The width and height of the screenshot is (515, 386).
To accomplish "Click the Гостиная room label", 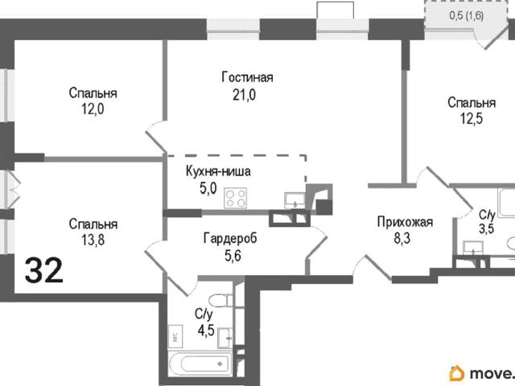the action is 247,77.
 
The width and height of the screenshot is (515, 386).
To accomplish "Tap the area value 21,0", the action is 245,95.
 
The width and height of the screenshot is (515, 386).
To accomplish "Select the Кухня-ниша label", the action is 218,171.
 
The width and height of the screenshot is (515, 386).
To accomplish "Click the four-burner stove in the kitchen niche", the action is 236,198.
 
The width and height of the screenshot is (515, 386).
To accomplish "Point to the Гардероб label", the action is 230,238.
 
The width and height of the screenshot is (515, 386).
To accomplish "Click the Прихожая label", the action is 405,222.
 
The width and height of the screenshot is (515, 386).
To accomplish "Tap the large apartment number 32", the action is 44,270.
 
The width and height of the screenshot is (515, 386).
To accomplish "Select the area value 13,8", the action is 93,240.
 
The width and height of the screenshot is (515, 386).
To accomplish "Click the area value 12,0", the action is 93,109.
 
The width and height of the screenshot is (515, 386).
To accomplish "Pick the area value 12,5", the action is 472,119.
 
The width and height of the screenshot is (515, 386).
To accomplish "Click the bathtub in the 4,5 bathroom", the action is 201,363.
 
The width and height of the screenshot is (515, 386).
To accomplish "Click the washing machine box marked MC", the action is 175,336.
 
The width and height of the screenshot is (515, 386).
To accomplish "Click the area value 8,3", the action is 402,239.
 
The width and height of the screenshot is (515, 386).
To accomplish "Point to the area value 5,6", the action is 233,256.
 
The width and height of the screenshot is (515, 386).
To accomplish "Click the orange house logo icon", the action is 457,374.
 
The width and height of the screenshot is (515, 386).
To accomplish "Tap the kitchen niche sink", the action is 295,200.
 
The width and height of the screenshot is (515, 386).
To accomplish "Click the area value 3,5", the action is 486,228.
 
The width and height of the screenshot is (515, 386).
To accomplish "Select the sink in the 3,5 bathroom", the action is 473,248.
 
